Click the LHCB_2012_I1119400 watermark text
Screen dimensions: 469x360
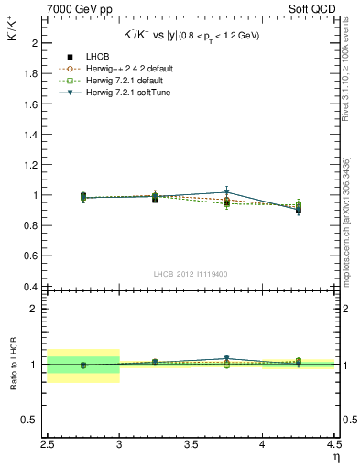[191, 274]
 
